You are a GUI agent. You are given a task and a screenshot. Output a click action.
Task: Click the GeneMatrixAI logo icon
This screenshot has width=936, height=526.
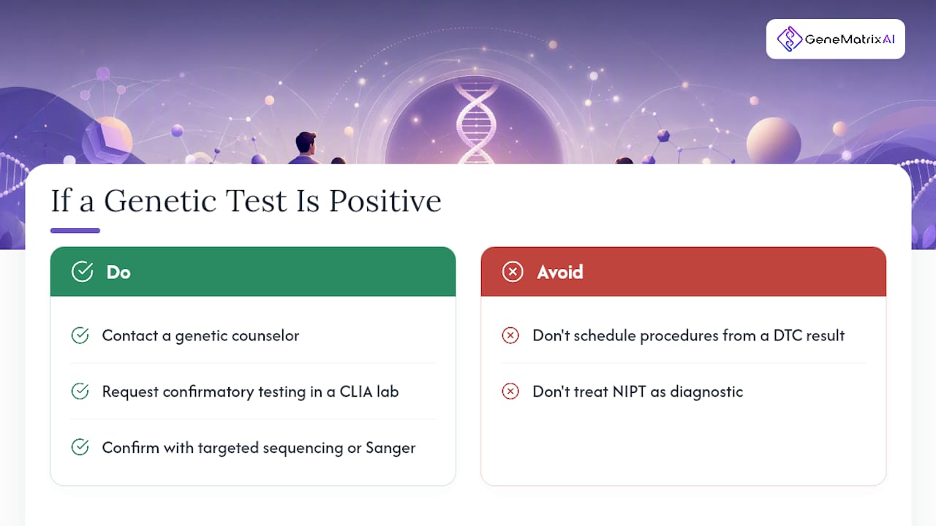pyautogui.click(x=789, y=39)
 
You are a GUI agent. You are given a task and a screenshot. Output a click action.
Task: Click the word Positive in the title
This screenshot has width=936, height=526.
pyautogui.click(x=385, y=201)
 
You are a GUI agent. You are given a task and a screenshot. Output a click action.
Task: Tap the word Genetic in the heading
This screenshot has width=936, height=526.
pyautogui.click(x=160, y=201)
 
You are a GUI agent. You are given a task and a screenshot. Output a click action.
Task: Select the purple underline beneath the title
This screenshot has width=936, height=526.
pyautogui.click(x=75, y=230)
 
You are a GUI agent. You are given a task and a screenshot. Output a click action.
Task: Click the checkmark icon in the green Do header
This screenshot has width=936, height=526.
pyautogui.click(x=83, y=272)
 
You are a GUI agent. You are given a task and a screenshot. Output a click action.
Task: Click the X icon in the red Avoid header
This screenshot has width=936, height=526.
pyautogui.click(x=513, y=272)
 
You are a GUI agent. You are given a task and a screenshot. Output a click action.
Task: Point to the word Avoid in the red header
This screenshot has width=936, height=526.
pyautogui.click(x=560, y=272)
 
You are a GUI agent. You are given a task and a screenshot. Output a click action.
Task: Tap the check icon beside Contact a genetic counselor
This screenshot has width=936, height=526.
pyautogui.click(x=80, y=335)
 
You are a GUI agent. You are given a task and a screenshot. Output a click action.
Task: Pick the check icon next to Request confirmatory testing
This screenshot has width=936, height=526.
pyautogui.click(x=80, y=391)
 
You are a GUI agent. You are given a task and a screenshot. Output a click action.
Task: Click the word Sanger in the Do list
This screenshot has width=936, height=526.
pyautogui.click(x=390, y=449)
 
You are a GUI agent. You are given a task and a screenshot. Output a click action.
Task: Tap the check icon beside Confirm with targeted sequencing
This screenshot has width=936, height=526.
pyautogui.click(x=80, y=447)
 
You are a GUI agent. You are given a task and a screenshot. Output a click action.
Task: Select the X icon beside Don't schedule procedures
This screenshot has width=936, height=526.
pyautogui.click(x=510, y=335)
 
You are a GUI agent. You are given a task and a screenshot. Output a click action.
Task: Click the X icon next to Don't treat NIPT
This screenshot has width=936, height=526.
pyautogui.click(x=510, y=391)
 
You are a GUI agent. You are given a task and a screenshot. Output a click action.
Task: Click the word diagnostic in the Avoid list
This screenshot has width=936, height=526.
pyautogui.click(x=706, y=392)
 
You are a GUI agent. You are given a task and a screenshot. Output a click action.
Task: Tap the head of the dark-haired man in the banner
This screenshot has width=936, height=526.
pyautogui.click(x=306, y=142)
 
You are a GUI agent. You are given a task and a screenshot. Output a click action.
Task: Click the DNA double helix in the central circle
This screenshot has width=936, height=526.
pyautogui.click(x=475, y=123)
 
